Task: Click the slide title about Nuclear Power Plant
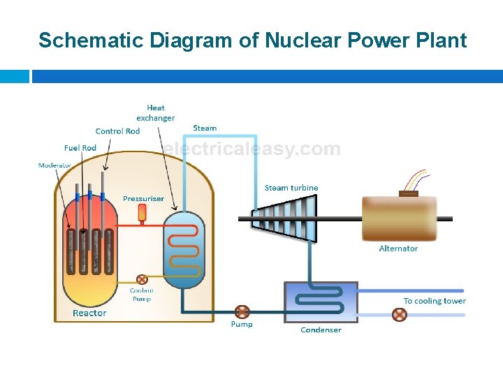point(252,40)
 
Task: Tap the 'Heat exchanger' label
point(155,113)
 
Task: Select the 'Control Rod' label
point(117,131)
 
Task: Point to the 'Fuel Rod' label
point(80,148)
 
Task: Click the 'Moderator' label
point(54,165)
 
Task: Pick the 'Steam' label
point(205,128)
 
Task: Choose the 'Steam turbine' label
point(291,188)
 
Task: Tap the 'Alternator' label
point(398,249)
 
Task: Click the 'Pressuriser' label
point(143,198)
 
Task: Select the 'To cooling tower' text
point(435,301)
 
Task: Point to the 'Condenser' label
point(321,330)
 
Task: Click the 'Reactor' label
point(89,313)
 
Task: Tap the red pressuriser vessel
point(142,212)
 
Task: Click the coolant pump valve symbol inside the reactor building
point(142,279)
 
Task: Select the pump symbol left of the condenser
point(242,311)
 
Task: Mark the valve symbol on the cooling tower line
point(400,315)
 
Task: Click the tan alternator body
point(399,219)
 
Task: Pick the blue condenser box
point(321,302)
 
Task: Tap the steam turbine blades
point(283,219)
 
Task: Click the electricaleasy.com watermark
point(252,149)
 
